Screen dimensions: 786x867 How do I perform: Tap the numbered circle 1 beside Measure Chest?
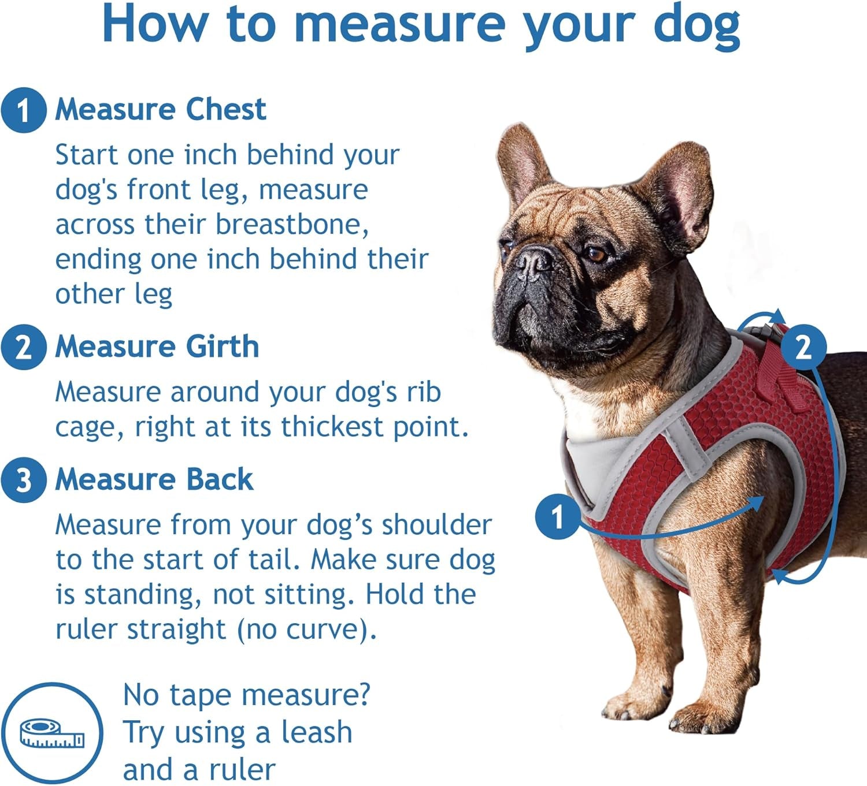click(x=23, y=110)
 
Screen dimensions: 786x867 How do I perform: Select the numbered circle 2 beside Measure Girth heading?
click(x=23, y=348)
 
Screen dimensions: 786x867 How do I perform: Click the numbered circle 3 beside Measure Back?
click(x=23, y=480)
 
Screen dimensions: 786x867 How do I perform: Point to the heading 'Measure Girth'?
click(x=157, y=347)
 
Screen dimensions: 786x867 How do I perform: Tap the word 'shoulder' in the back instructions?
click(x=436, y=525)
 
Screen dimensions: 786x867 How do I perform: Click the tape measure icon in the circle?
click(x=52, y=733)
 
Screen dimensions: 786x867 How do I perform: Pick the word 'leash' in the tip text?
click(x=316, y=732)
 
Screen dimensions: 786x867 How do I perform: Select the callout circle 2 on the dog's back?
click(x=803, y=347)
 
